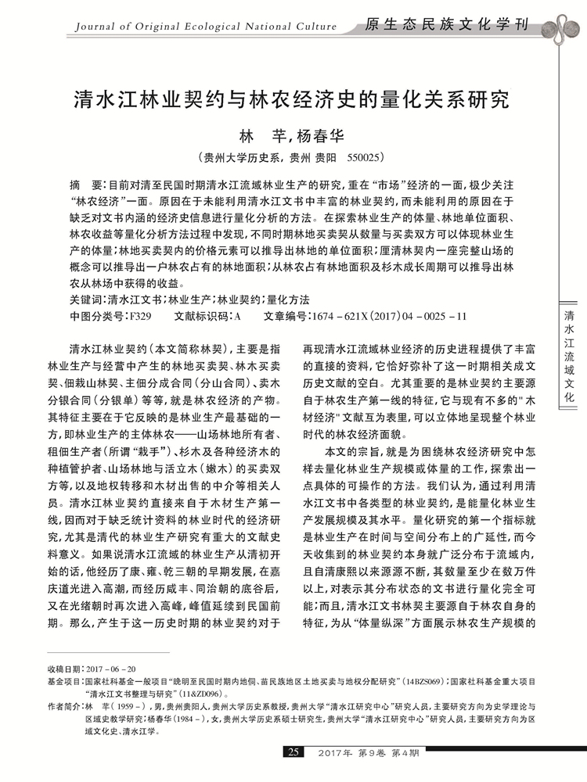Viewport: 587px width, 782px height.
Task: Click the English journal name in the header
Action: (205, 29)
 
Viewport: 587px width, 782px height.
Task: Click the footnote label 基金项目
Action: (64, 681)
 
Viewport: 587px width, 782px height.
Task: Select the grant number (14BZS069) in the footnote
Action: (425, 681)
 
